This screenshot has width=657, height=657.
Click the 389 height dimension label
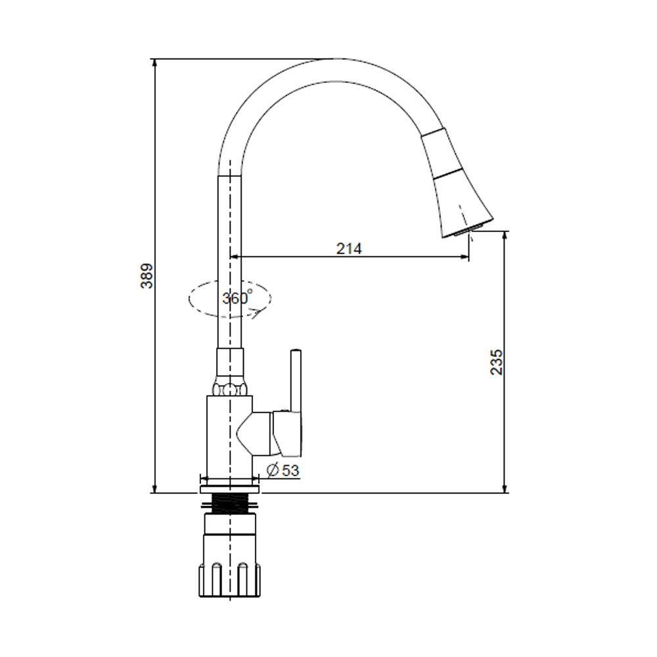tap(147, 276)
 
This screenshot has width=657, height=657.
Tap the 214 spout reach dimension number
tap(349, 248)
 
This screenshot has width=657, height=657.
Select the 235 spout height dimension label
tap(497, 362)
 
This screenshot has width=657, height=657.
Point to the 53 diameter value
tap(290, 470)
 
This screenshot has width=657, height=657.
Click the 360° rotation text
tap(237, 297)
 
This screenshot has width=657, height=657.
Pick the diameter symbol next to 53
tap(273, 470)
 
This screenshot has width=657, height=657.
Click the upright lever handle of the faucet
tap(296, 380)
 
